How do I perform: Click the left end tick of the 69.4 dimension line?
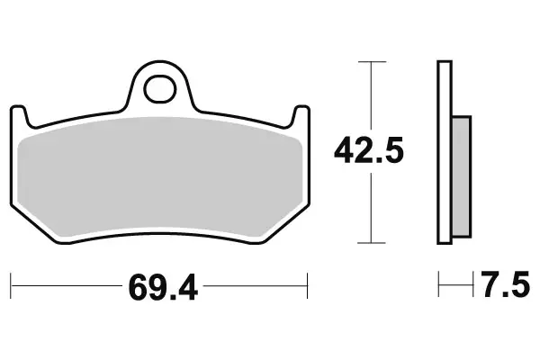(x=12, y=288)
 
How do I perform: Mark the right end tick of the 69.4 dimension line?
(x=309, y=288)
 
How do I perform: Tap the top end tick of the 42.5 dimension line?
(x=365, y=61)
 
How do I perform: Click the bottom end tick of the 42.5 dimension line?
(x=365, y=244)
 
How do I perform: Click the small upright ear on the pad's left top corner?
(x=22, y=114)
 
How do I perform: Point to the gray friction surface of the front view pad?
(x=162, y=175)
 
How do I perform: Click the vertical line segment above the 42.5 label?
(x=365, y=94)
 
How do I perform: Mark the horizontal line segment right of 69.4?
(x=256, y=288)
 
